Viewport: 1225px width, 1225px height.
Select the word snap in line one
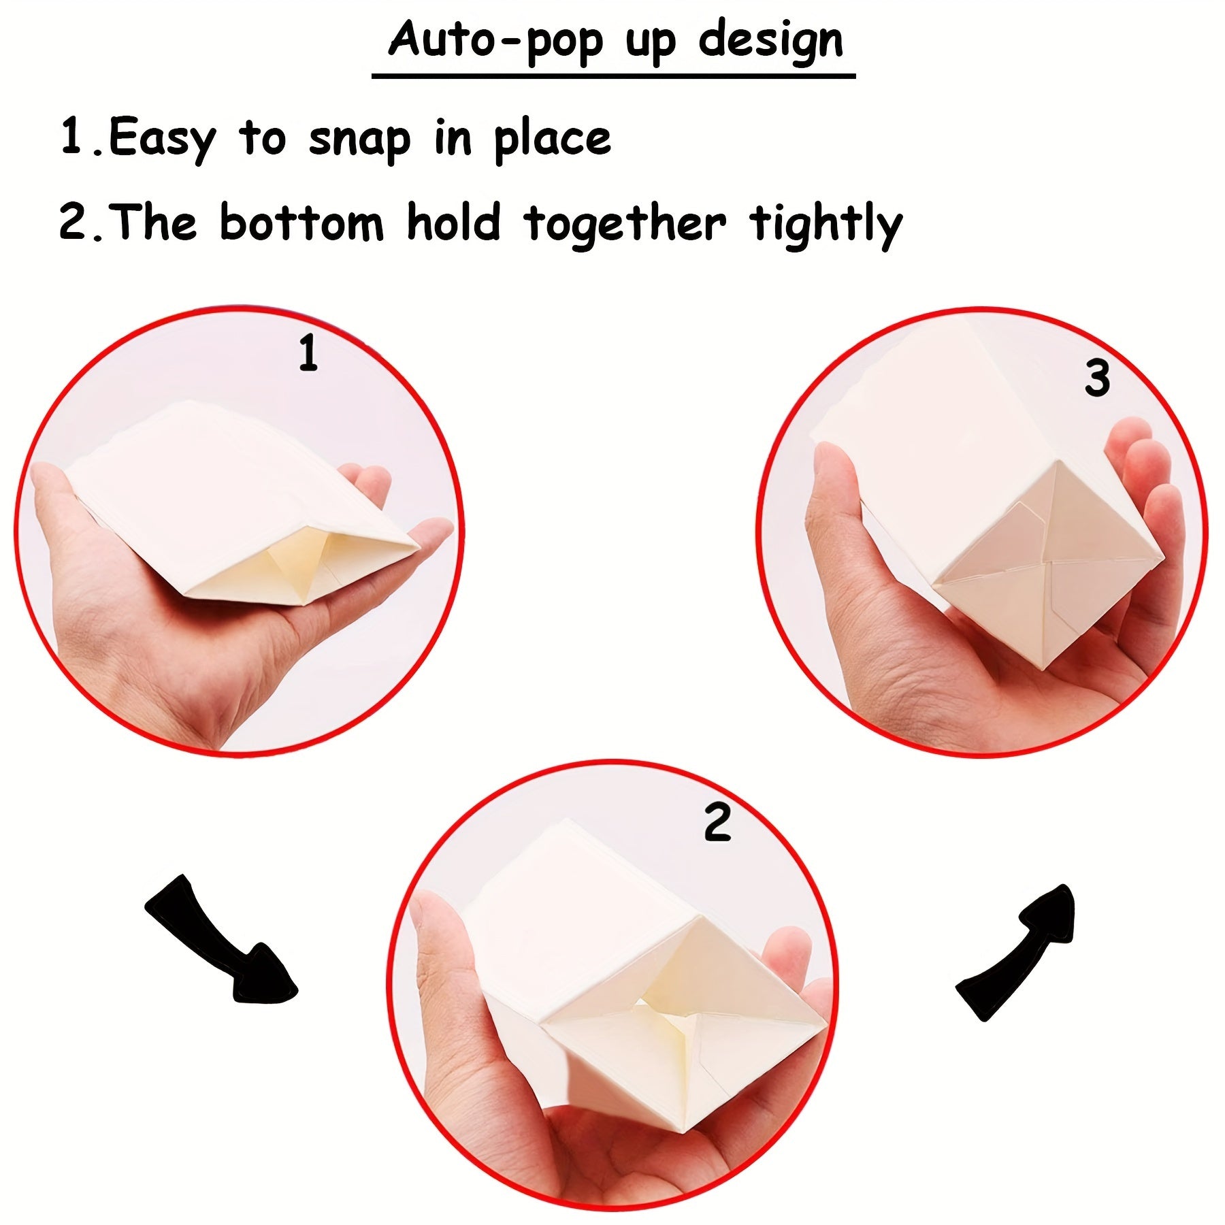point(359,140)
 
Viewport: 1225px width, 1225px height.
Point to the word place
point(552,140)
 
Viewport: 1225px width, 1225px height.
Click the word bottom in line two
point(301,223)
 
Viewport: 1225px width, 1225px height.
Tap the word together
point(625,225)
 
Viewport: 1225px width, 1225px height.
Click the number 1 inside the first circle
point(308,353)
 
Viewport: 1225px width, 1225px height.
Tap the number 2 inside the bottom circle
point(717,823)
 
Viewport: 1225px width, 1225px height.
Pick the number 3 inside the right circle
point(1096,378)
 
